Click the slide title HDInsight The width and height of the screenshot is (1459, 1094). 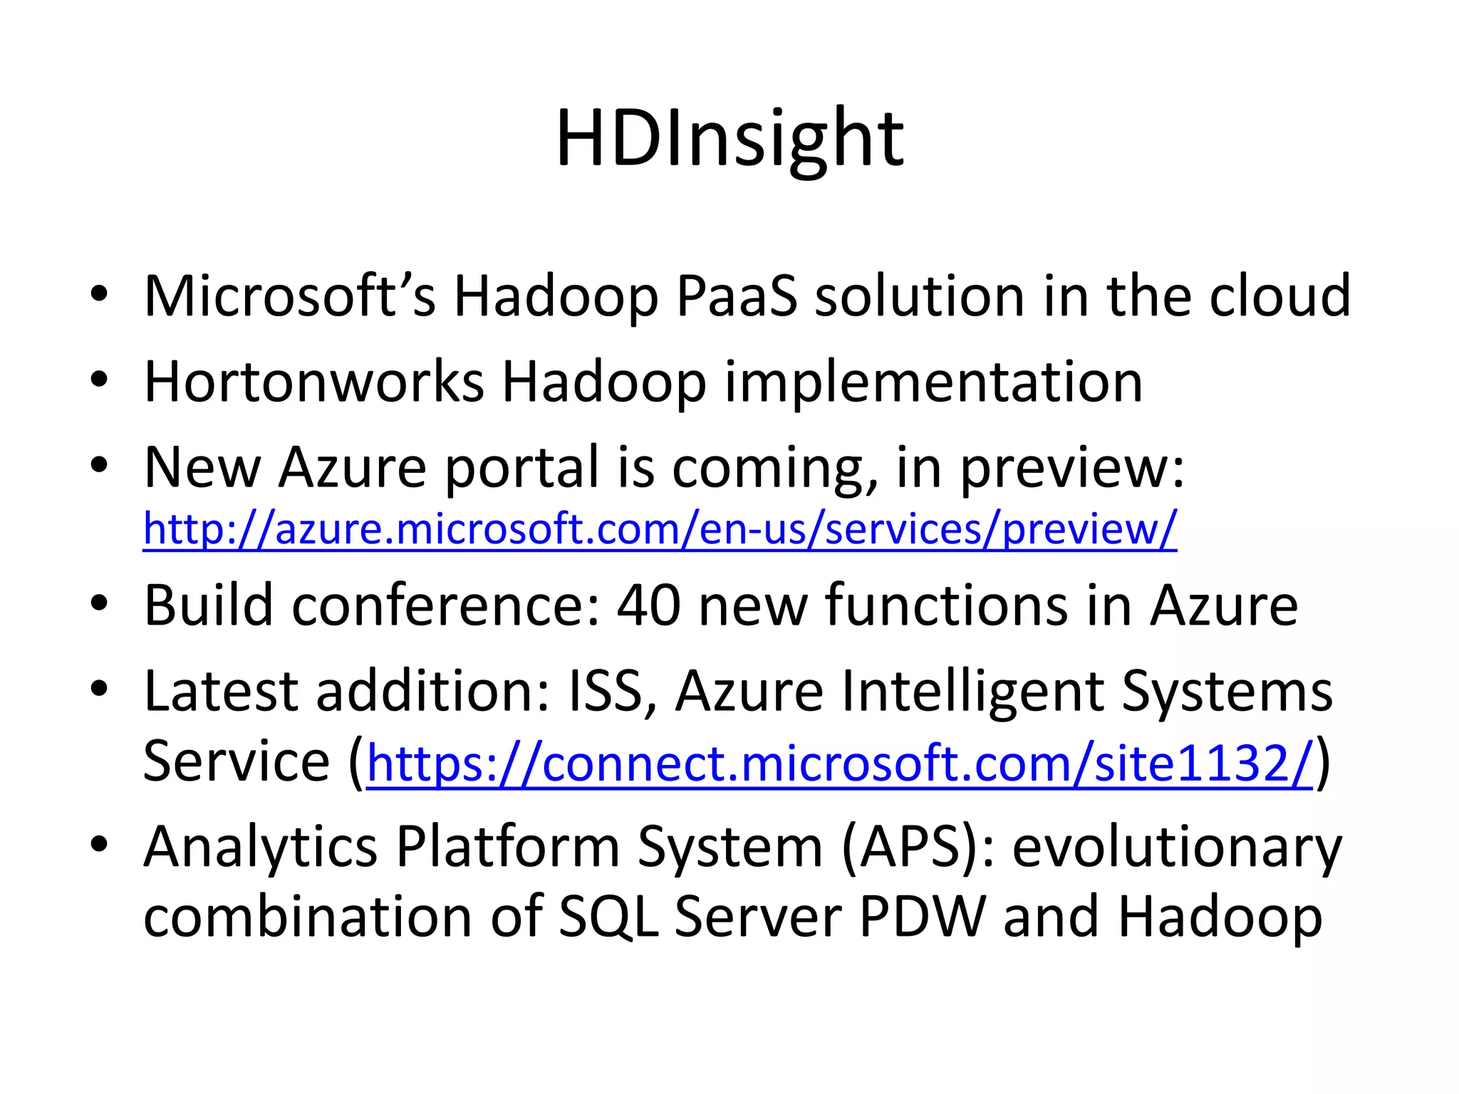click(x=729, y=139)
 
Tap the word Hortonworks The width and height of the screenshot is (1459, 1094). click(x=314, y=382)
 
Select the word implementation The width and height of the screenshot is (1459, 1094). click(x=933, y=383)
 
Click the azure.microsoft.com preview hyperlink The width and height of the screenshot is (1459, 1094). click(x=660, y=529)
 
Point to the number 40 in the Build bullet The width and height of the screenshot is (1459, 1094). click(x=648, y=605)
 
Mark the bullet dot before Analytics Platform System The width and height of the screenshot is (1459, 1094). click(x=99, y=845)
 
